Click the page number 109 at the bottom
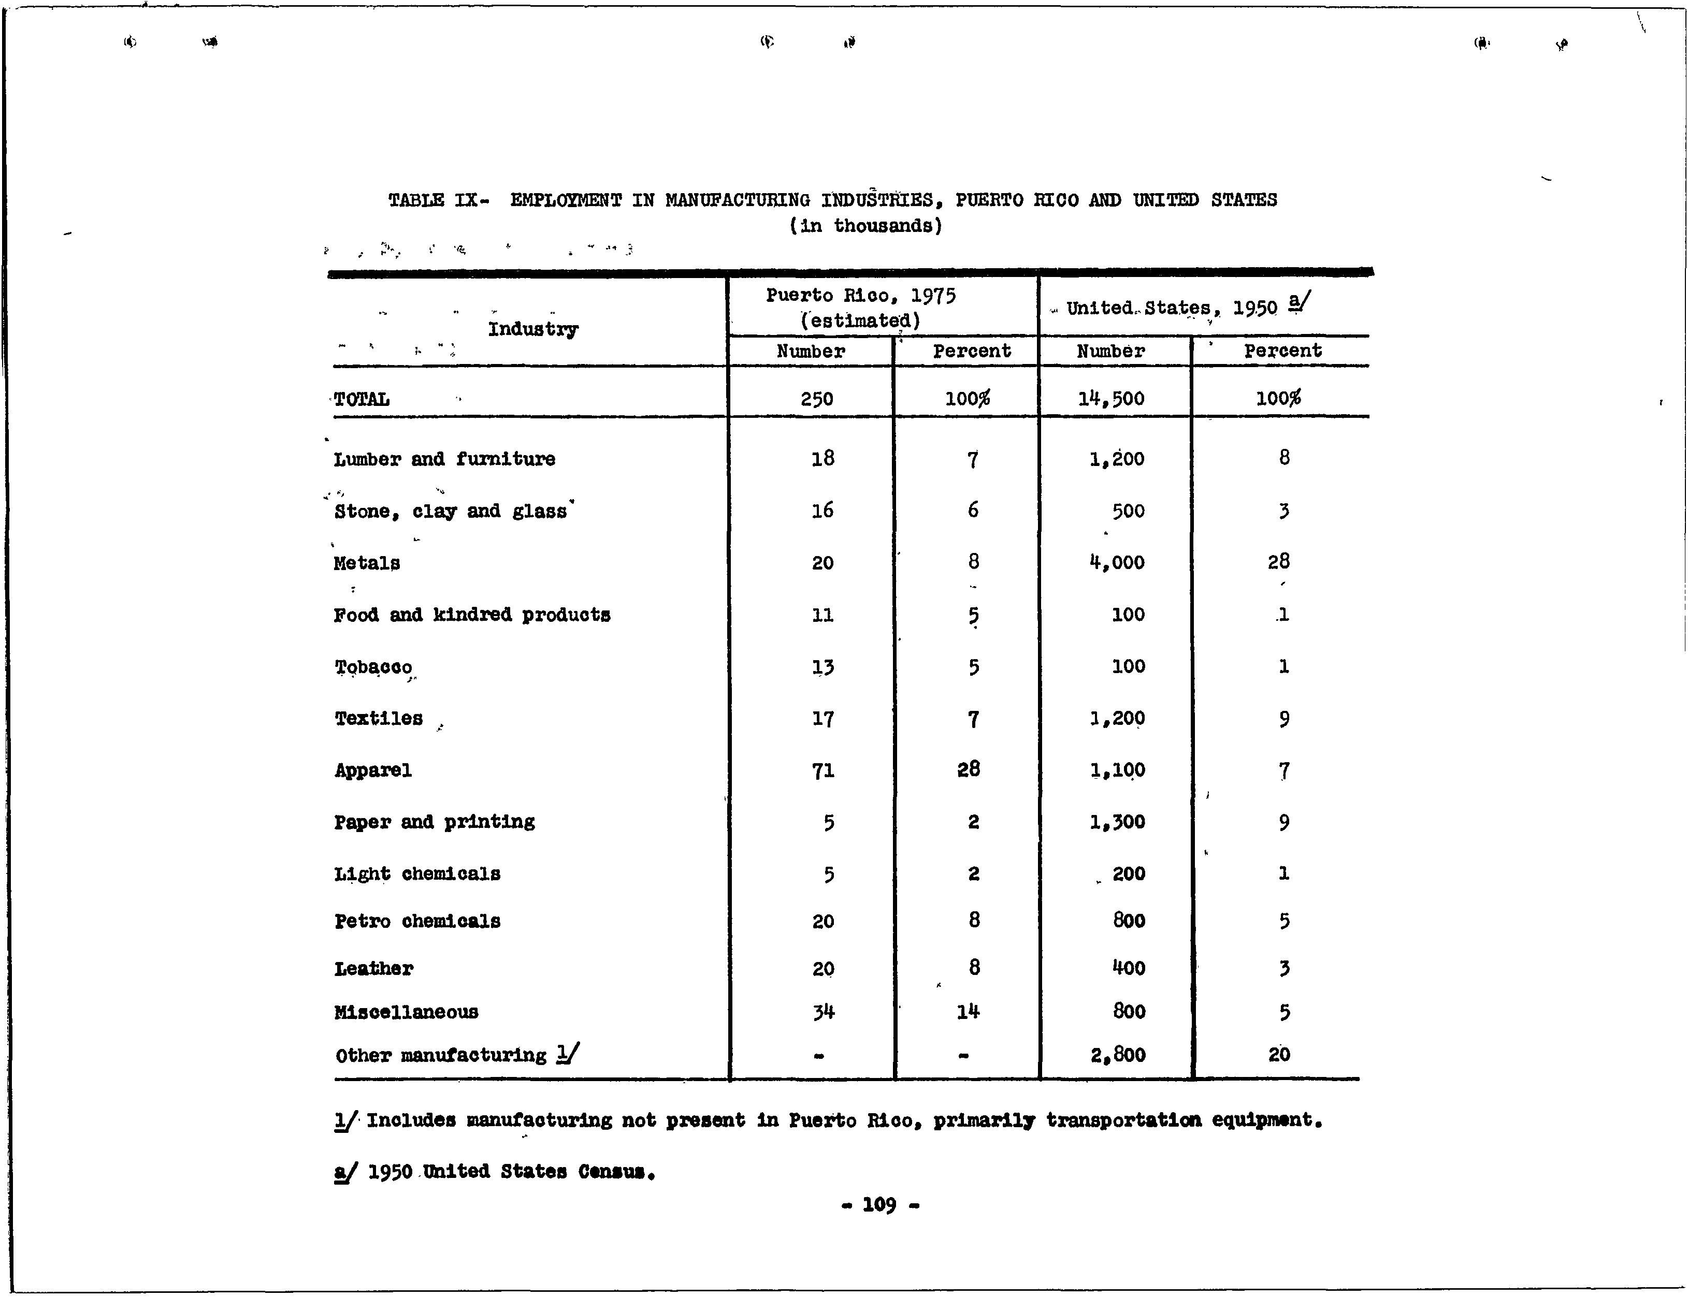[x=879, y=1204]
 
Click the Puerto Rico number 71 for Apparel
[x=823, y=770]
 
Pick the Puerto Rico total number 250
[x=816, y=399]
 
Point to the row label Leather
[x=374, y=969]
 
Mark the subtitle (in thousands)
[x=865, y=226]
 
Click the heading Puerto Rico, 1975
[x=860, y=296]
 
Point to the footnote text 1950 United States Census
[x=511, y=1172]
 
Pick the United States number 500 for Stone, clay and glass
[x=1128, y=511]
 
